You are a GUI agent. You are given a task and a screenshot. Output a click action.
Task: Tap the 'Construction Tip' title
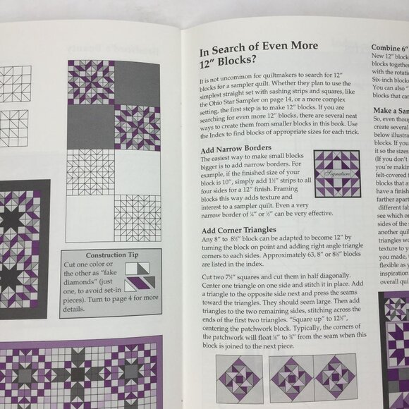point(110,274)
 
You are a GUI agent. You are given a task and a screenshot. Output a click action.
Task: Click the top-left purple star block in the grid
point(91,83)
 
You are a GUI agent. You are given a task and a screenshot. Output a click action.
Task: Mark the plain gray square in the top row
point(138,83)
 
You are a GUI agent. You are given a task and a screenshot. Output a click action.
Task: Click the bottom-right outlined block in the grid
point(138,219)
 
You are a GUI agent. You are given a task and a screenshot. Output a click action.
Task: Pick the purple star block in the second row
point(138,128)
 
